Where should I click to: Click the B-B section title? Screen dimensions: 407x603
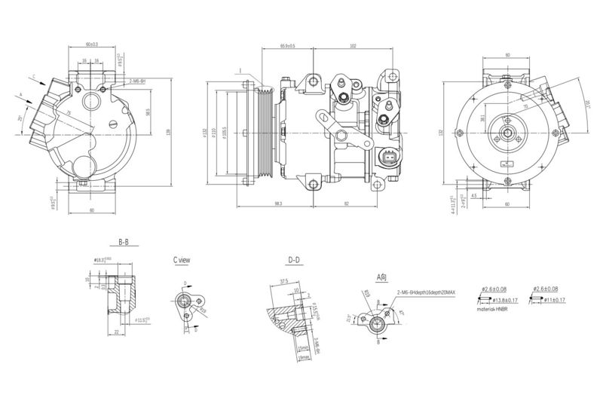pos(123,243)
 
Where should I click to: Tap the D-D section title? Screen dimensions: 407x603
pos(294,260)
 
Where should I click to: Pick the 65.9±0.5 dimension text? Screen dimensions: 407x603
pos(287,45)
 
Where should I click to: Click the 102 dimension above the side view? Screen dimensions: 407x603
pos(354,45)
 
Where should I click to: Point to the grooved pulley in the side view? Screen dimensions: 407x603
pos(263,134)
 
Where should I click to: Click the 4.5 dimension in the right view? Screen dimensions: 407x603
pos(473,196)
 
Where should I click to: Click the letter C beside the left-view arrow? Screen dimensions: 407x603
pos(33,75)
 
